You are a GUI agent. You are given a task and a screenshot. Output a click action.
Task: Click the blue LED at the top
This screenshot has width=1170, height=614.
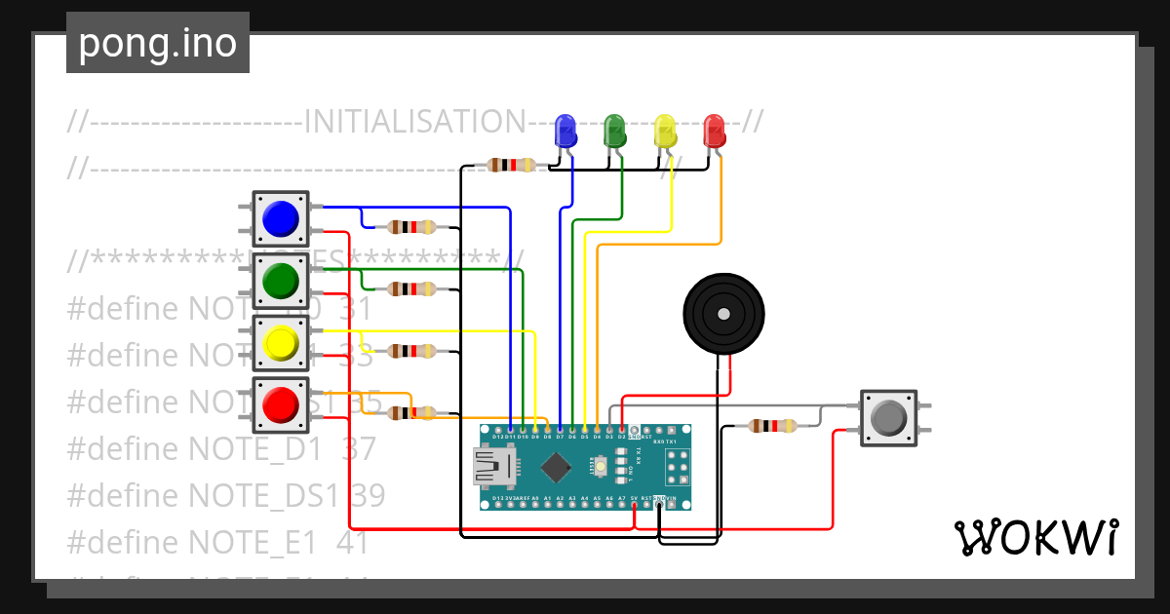point(565,131)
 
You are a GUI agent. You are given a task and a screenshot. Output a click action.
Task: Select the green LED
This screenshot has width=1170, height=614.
point(614,131)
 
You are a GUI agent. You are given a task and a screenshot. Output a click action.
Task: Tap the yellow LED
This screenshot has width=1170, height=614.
point(665,131)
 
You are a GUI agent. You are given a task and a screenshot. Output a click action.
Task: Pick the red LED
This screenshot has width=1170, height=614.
point(715,131)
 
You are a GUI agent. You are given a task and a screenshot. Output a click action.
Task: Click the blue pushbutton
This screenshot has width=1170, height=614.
point(281,218)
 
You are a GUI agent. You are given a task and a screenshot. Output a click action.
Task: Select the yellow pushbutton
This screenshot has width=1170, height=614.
point(281,343)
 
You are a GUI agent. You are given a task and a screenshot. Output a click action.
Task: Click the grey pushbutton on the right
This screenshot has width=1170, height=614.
point(888,418)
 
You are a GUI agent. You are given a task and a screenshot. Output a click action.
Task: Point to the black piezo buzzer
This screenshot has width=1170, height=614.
point(721,313)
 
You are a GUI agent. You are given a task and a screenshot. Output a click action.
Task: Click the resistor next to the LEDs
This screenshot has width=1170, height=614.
point(512,165)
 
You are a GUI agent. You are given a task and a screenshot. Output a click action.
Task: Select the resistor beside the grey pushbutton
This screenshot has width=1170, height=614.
point(772,426)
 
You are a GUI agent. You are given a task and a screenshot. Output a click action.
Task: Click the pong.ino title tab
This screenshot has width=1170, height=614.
point(158,43)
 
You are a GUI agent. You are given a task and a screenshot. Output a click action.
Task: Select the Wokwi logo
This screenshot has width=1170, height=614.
point(1035,537)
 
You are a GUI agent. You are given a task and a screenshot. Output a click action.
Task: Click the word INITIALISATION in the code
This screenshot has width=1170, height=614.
point(415,122)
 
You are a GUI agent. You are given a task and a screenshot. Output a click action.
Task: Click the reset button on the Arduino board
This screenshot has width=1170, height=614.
point(602,470)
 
